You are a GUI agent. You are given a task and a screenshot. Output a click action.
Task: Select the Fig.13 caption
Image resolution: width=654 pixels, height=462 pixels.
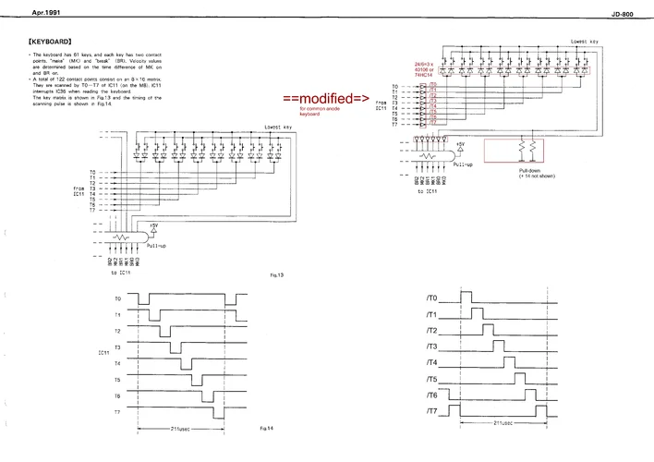tap(275, 274)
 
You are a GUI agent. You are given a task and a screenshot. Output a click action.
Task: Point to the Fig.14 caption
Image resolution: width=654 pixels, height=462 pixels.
tap(265, 428)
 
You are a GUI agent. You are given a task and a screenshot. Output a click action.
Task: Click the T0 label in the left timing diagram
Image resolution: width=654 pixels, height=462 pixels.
tap(117, 299)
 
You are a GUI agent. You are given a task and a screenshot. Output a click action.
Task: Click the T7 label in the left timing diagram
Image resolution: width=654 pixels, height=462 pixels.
tap(117, 410)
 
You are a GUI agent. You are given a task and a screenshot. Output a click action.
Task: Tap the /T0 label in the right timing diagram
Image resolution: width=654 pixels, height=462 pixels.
tap(430, 298)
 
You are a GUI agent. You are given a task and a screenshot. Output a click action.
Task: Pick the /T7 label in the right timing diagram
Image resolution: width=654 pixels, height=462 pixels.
tap(430, 410)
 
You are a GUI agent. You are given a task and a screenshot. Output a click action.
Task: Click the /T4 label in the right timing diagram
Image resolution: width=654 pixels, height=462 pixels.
tap(430, 362)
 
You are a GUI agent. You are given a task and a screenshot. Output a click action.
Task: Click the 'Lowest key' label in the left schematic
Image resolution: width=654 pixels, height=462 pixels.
tap(279, 127)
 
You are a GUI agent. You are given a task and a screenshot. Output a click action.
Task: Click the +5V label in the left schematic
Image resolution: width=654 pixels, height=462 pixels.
tap(153, 225)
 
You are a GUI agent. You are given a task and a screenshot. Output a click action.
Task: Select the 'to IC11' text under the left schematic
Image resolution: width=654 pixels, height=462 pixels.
tap(121, 272)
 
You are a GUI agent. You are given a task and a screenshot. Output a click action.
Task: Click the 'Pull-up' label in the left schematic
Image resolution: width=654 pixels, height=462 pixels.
tap(156, 246)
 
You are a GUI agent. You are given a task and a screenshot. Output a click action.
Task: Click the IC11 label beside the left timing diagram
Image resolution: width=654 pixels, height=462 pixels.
tap(103, 354)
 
